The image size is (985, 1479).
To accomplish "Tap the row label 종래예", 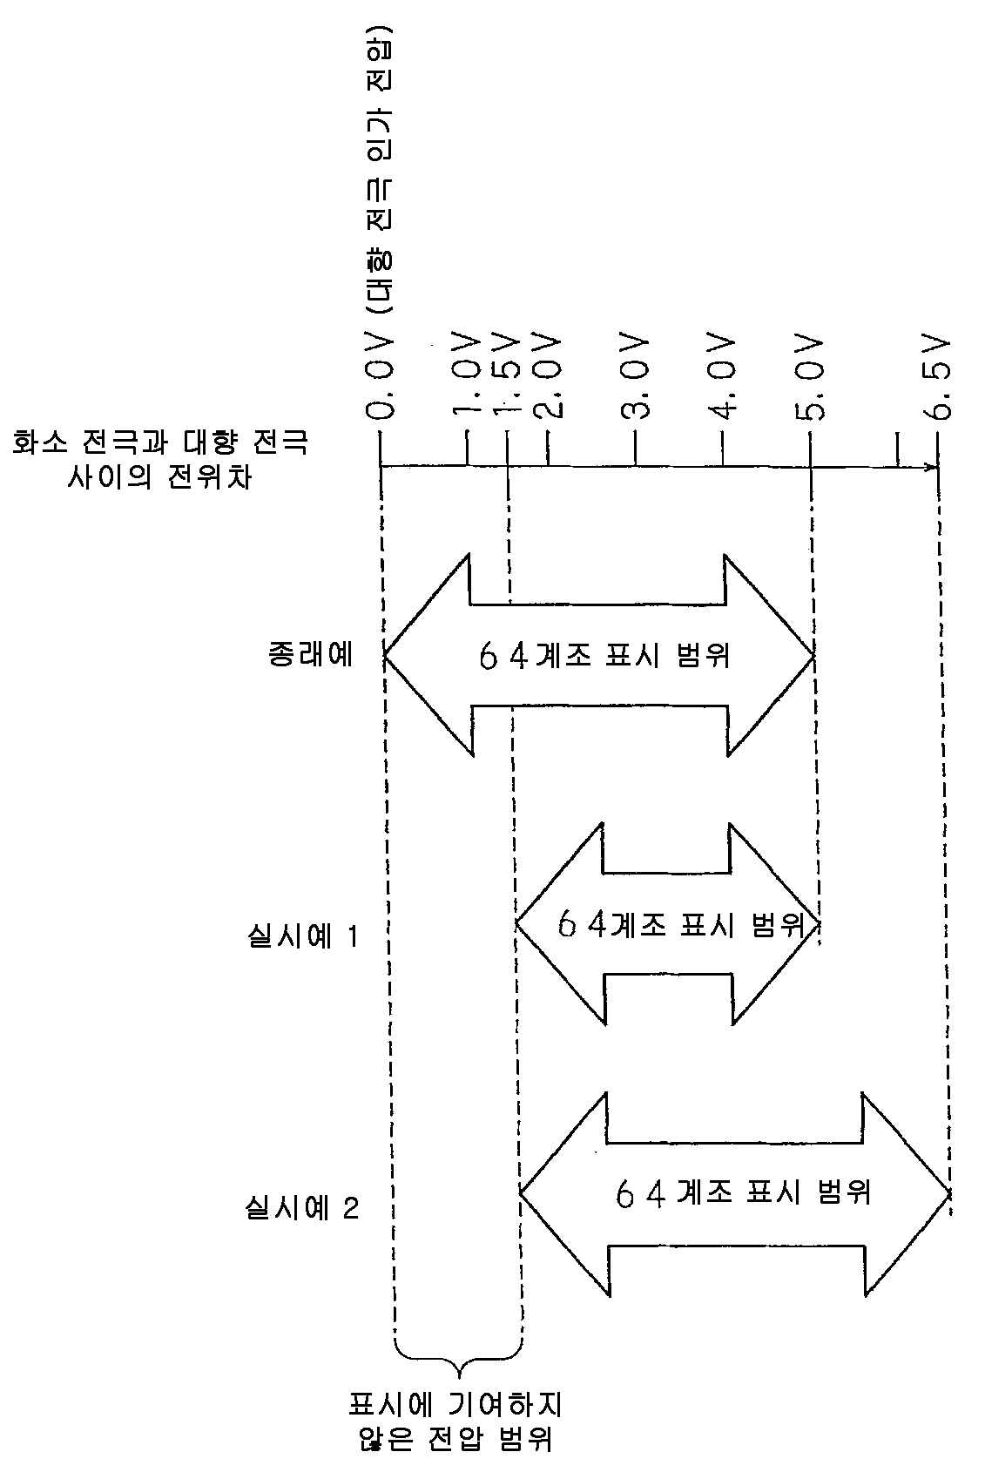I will (x=310, y=653).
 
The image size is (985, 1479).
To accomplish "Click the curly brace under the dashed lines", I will (x=459, y=1368).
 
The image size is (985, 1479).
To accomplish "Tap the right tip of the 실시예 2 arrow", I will (x=948, y=1193).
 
